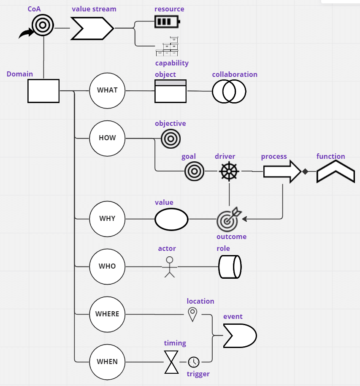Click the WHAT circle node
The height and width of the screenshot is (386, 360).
107,90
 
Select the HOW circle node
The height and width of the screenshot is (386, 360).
107,138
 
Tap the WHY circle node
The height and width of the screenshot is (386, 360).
107,219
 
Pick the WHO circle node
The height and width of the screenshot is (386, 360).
107,266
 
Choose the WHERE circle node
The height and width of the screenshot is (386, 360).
107,314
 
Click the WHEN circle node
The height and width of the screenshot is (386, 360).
107,362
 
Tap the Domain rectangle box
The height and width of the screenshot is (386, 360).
43,90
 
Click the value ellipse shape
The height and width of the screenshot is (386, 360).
171,219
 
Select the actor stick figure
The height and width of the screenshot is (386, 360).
170,266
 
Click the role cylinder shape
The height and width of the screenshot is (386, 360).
230,266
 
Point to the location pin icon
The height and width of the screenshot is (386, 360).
192,314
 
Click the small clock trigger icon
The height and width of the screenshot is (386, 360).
194,362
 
